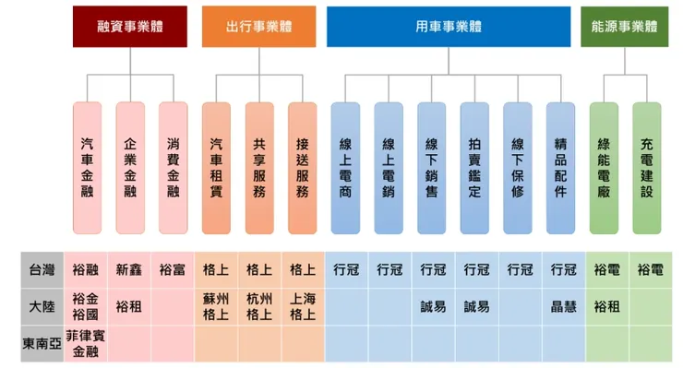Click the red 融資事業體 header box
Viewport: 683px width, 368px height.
(x=129, y=27)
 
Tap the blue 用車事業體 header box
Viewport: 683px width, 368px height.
(x=449, y=27)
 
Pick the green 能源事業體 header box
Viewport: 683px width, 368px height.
(x=625, y=27)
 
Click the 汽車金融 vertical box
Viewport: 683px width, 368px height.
(x=87, y=168)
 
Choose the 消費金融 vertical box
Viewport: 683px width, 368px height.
(x=173, y=168)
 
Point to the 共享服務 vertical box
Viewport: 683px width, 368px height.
(x=259, y=168)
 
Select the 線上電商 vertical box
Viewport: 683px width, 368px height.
(x=345, y=168)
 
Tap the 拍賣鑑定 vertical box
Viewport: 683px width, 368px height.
(x=474, y=168)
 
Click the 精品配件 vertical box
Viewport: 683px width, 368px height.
(x=560, y=168)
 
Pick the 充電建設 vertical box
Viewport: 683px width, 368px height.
(x=646, y=168)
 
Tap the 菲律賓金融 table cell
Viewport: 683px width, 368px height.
(x=86, y=343)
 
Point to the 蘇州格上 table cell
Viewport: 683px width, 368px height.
(x=215, y=306)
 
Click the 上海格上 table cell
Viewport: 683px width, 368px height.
(x=302, y=306)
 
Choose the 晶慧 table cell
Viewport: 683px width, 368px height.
(x=564, y=306)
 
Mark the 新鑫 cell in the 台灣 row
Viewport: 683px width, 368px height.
(x=129, y=270)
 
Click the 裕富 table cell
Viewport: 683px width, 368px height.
(x=173, y=270)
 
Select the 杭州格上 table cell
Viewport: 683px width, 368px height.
(x=258, y=306)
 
